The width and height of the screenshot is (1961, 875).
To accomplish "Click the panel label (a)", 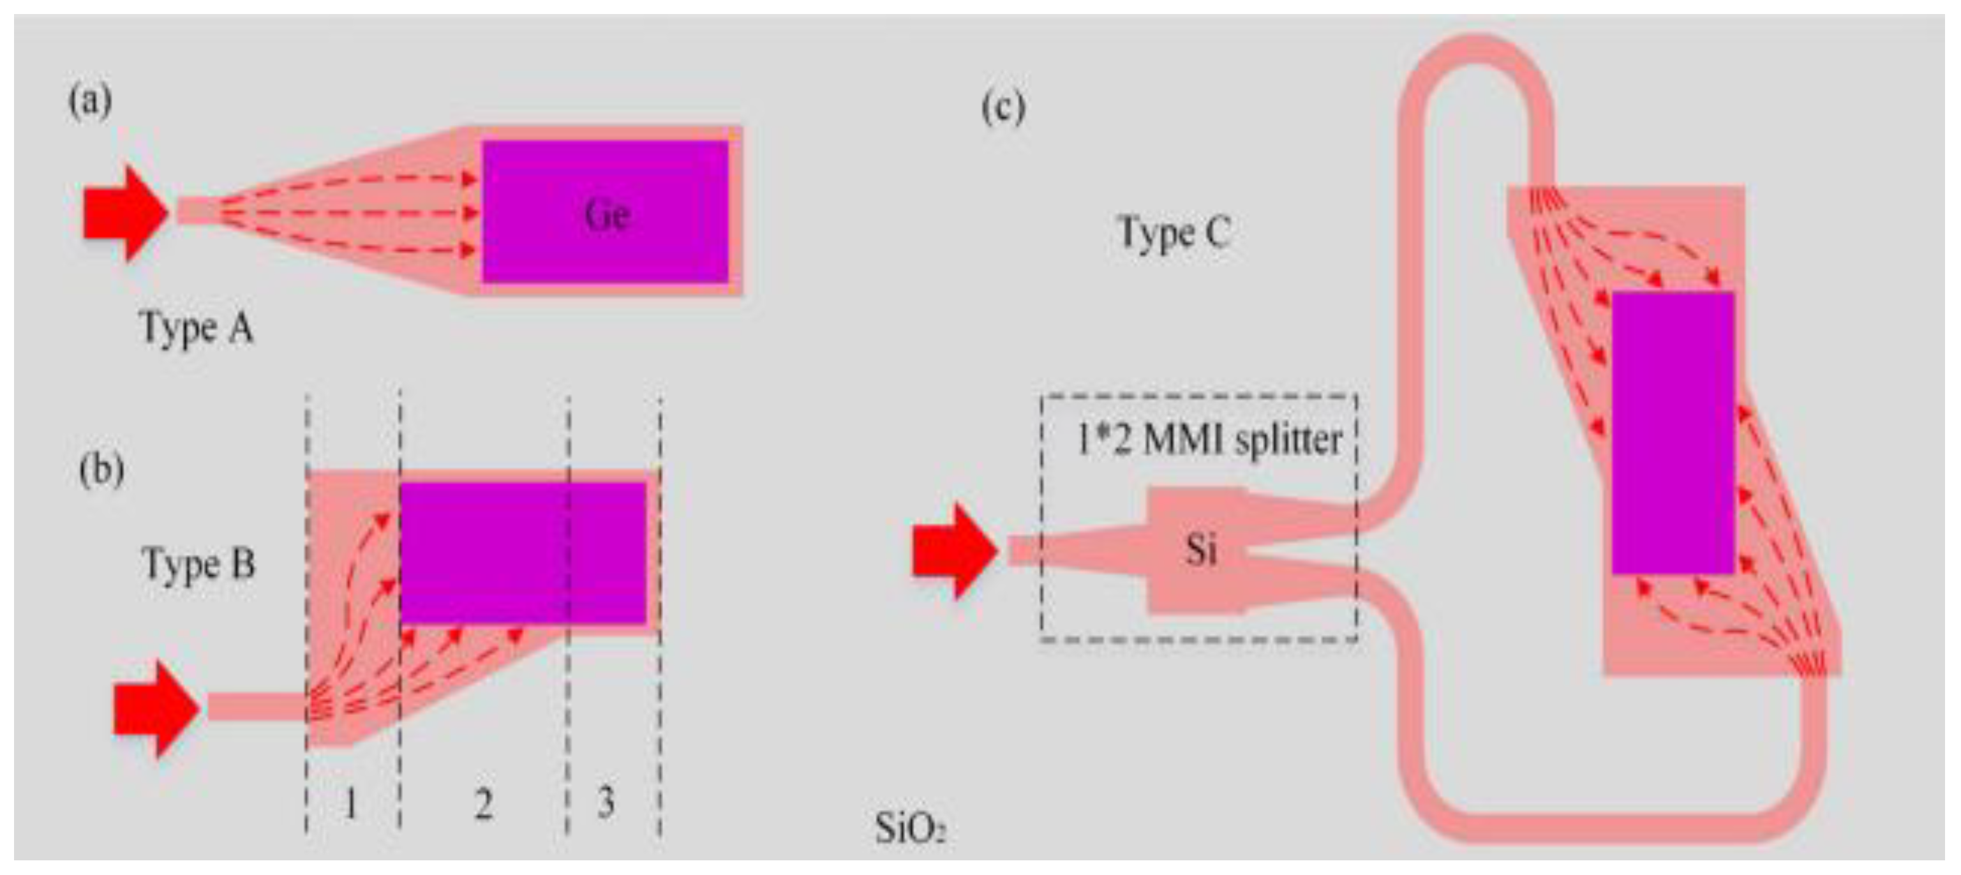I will click(91, 101).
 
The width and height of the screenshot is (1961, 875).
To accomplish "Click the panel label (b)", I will click(101, 470).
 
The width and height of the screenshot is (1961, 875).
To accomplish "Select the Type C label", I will click(1173, 232).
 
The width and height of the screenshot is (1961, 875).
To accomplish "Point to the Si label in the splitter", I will click(1200, 550).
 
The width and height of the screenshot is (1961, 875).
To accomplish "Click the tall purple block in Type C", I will click(1673, 432).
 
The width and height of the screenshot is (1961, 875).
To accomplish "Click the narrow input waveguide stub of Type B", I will click(255, 707).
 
